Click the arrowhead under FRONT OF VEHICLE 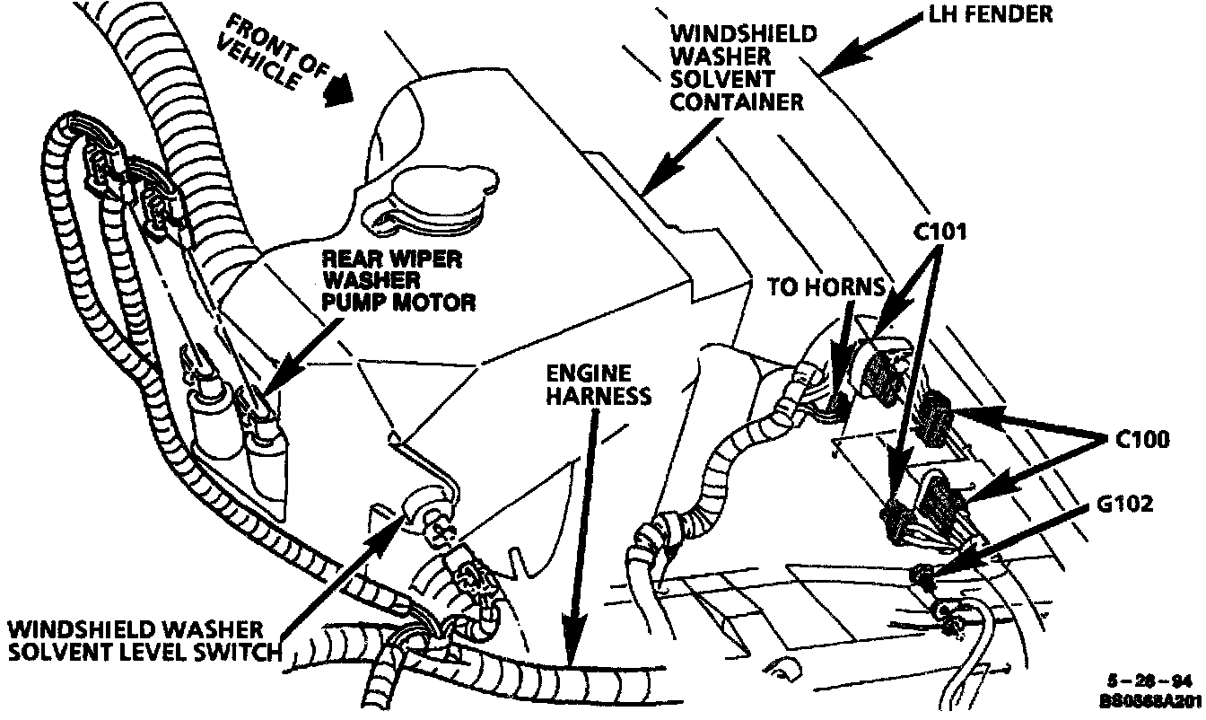click(338, 92)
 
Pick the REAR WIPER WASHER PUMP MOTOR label click(398, 280)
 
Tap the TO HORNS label click(826, 287)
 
